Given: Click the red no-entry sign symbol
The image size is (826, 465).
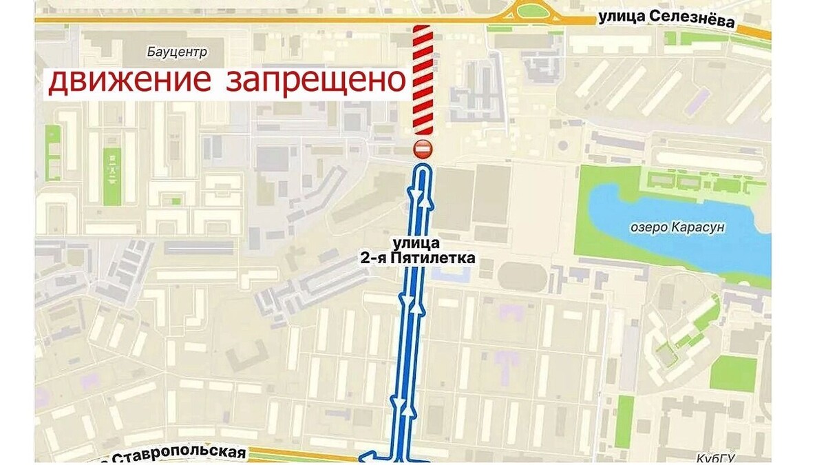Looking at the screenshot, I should tap(422, 148).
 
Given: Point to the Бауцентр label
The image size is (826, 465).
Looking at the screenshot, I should tap(177, 52).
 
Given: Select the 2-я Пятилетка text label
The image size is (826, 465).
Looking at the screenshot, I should tap(417, 258).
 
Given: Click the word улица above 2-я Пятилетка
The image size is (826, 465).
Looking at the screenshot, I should tap(417, 244).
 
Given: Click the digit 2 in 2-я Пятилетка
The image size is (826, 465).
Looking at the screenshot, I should tap(363, 258).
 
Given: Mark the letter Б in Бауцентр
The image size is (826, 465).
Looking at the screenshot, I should tap(151, 52).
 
